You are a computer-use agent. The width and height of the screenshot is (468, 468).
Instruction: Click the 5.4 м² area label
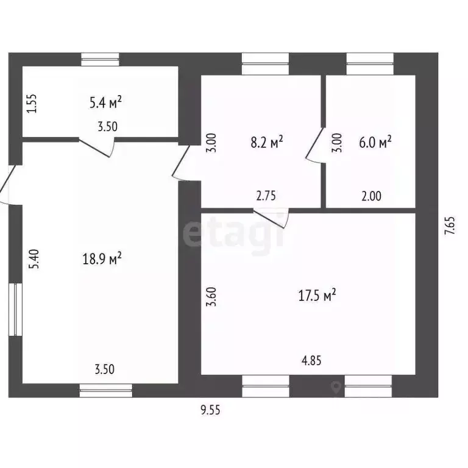[x=105, y=102]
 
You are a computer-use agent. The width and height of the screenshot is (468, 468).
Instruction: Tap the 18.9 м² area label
[x=102, y=258]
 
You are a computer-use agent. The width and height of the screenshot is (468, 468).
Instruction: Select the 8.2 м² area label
[x=266, y=142]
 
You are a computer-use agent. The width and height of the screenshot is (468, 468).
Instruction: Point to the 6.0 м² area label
[x=375, y=142]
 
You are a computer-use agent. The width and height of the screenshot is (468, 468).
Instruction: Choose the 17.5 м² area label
[x=317, y=295]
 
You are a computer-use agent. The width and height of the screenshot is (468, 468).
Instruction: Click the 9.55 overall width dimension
[x=210, y=410]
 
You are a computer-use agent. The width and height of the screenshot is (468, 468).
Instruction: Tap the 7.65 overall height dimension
[x=450, y=225]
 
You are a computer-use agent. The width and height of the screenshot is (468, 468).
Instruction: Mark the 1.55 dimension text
[x=31, y=104]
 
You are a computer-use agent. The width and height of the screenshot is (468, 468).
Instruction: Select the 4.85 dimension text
[x=311, y=361]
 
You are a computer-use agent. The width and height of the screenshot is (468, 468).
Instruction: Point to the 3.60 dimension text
[x=211, y=297]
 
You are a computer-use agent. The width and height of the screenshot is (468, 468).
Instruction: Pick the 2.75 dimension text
[x=266, y=196]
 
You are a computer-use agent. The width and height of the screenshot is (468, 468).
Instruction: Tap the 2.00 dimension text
[x=371, y=196]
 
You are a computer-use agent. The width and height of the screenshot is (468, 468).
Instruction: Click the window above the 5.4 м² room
[x=101, y=60]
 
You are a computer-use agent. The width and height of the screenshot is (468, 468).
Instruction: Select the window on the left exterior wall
[x=15, y=309]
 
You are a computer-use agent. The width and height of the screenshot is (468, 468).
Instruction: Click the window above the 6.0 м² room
[x=370, y=64]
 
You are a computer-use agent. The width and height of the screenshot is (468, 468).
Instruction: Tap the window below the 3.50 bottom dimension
[x=106, y=391]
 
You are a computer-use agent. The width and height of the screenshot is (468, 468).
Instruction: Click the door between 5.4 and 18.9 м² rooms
[x=97, y=147]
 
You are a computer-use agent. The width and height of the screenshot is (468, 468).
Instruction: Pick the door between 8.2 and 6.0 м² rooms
[x=316, y=146]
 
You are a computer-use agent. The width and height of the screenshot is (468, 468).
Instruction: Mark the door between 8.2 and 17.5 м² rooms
[x=271, y=219]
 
